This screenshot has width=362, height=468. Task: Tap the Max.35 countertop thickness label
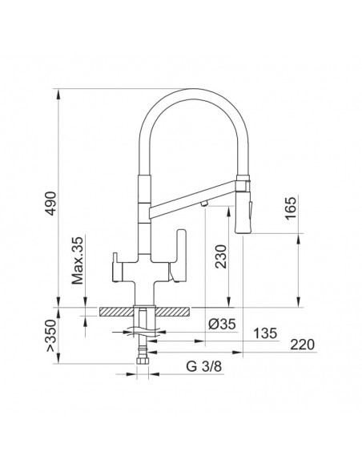(78, 260)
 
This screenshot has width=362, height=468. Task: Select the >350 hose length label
(51, 336)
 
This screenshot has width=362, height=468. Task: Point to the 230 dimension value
(221, 256)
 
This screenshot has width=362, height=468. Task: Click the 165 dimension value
(291, 208)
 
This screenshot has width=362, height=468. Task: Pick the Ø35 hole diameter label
(222, 324)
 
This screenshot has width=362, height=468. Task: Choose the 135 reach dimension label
(265, 333)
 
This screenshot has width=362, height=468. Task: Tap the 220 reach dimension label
(303, 345)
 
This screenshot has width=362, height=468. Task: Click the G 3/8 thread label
(204, 366)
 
